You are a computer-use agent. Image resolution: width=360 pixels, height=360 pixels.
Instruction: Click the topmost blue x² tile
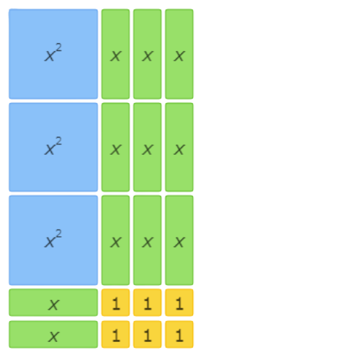coord(53,54)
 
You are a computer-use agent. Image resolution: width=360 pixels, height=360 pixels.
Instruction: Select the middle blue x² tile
coord(53,147)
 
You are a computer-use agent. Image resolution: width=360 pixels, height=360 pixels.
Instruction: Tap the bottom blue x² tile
coord(53,240)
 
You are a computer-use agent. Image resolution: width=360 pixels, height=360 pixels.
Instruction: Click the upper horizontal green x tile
coord(53,302)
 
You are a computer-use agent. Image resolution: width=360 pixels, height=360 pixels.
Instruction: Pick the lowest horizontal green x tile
coord(53,334)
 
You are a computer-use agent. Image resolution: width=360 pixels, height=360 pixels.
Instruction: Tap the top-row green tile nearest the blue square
coord(115,54)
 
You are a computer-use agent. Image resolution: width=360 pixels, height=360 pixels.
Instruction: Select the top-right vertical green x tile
coord(179,54)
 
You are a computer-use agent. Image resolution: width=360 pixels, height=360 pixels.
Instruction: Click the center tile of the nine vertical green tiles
coord(148,147)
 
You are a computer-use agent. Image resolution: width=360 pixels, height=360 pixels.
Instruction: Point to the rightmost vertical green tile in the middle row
coord(179,147)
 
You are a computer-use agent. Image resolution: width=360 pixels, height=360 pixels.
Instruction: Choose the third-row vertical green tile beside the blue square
coord(115,240)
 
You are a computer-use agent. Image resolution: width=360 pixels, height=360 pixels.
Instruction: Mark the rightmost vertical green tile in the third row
coord(179,240)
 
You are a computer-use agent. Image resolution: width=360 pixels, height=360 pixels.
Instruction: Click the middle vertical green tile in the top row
coord(148,54)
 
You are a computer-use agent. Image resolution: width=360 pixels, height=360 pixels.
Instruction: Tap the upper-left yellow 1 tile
coord(115,302)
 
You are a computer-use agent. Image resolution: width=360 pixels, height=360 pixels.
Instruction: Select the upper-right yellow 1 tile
coord(179,302)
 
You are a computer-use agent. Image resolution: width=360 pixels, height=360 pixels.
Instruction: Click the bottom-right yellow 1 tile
coord(179,334)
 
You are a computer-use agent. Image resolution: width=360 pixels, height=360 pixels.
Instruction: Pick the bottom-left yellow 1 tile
coord(115,334)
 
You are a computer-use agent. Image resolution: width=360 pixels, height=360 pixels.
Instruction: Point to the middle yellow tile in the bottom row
coord(148,334)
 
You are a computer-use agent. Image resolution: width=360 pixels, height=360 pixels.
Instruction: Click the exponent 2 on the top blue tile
coord(58,48)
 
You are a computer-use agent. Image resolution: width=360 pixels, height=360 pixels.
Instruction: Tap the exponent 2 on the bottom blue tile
coord(58,233)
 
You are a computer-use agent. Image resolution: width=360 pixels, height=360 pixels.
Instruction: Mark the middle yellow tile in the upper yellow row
coord(148,302)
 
